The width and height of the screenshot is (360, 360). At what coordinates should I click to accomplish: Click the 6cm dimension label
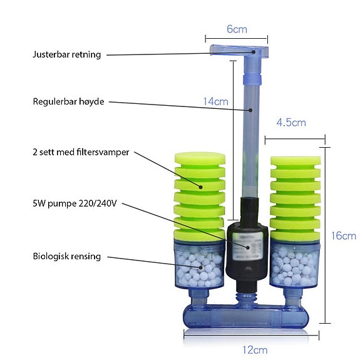(x=237, y=29)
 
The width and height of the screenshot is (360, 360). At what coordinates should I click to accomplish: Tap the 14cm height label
(x=215, y=101)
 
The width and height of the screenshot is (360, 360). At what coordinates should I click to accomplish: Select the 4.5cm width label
(x=291, y=122)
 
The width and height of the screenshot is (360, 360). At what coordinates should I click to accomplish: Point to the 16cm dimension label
(x=344, y=236)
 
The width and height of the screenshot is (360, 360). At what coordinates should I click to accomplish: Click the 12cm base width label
(x=255, y=350)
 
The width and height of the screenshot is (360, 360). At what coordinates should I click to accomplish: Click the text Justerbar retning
(x=67, y=54)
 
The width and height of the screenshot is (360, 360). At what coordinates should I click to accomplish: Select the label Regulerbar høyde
(x=68, y=101)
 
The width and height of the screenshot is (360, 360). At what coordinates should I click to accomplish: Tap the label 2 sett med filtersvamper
(x=81, y=152)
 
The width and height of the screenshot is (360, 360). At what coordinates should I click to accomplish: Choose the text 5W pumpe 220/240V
(x=75, y=203)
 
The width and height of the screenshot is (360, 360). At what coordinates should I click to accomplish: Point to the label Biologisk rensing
(x=67, y=256)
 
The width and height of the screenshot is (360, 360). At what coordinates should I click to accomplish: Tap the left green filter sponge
(x=200, y=197)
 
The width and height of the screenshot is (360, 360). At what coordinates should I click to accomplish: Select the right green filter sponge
(x=296, y=198)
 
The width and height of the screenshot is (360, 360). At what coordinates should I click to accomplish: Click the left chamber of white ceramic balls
(x=199, y=264)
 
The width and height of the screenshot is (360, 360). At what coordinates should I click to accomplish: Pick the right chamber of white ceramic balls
(x=295, y=264)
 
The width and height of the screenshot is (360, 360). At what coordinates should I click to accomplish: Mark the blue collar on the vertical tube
(x=252, y=80)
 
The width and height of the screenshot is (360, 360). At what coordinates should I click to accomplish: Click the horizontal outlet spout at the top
(x=239, y=50)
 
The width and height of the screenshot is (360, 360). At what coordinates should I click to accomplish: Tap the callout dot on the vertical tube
(x=250, y=110)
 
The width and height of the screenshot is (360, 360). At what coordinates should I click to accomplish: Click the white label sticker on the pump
(x=247, y=245)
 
